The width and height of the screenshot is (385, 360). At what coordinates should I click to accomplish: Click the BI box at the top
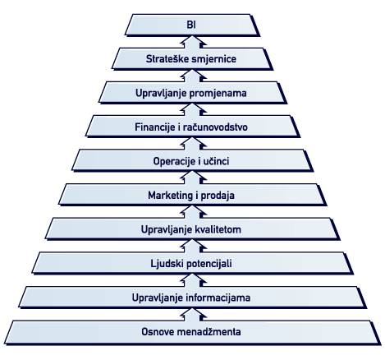(191, 25)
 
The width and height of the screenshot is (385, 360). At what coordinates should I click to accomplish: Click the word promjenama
(218, 94)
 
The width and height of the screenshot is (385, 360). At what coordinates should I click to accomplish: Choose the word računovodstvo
(215, 127)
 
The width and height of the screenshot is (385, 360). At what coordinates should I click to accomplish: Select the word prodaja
(218, 196)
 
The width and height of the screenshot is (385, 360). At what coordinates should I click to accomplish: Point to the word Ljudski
(167, 264)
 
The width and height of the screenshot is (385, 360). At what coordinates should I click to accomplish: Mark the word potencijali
(209, 264)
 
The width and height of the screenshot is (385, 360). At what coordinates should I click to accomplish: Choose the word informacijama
(218, 298)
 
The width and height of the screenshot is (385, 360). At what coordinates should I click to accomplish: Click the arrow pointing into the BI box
(193, 42)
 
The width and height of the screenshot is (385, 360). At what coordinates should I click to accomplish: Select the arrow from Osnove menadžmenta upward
(193, 315)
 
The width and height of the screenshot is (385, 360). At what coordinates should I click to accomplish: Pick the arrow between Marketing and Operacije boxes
(193, 178)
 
